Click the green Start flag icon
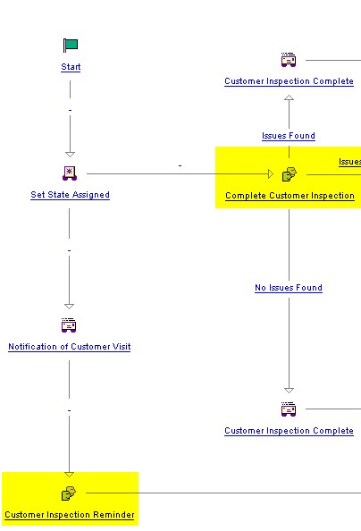tap(71, 45)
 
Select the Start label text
tap(71, 67)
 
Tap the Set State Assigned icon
tap(70, 173)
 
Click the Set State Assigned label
tap(70, 195)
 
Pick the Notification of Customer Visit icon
tap(69, 325)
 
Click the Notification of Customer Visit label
tap(70, 347)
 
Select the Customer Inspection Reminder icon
tap(69, 493)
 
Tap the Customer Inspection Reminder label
tap(70, 515)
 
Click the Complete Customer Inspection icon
tap(290, 174)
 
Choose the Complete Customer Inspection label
tap(290, 196)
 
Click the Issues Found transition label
tap(289, 136)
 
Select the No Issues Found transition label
tap(289, 288)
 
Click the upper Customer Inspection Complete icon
tap(289, 60)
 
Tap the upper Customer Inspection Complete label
tap(289, 81)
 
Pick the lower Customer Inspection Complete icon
tap(289, 409)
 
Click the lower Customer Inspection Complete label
tap(289, 431)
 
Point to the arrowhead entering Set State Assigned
tap(70, 155)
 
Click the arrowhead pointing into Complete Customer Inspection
tap(271, 174)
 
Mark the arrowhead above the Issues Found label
tap(289, 97)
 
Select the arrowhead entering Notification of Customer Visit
tap(69, 307)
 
